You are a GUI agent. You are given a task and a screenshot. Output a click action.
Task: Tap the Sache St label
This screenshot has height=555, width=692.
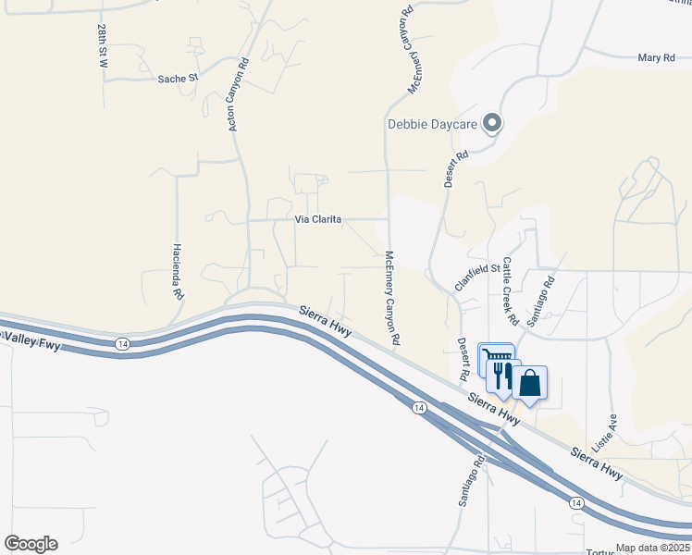click(x=178, y=79)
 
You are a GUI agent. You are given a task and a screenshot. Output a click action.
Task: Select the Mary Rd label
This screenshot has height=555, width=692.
click(x=656, y=58)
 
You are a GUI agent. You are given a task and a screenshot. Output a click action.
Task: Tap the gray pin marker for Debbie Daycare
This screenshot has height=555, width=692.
click(x=492, y=123)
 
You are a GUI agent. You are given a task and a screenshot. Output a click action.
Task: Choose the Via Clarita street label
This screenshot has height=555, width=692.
click(x=318, y=220)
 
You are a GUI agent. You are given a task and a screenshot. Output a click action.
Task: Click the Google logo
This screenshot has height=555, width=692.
click(x=31, y=544)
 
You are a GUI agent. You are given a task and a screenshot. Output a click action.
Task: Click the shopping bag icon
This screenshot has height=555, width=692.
click(x=529, y=383)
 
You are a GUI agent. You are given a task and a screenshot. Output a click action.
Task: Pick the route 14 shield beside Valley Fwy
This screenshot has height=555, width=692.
click(x=122, y=344)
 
